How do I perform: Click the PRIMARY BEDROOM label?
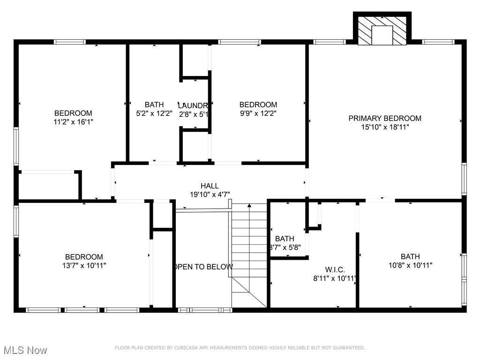384,118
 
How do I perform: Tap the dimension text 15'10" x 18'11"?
384,127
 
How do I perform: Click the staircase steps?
249,248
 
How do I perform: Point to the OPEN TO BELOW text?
203,267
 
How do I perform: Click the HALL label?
210,186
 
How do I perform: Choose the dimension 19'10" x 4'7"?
210,194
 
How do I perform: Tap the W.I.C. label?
335,270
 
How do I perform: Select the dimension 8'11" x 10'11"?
335,278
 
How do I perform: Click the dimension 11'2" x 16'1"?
73,121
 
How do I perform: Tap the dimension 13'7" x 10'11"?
84,265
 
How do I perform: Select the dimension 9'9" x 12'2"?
258,113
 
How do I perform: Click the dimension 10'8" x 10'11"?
410,265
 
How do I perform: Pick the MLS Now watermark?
25,350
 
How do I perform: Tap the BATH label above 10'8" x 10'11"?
410,256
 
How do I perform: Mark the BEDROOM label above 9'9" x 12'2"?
258,105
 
